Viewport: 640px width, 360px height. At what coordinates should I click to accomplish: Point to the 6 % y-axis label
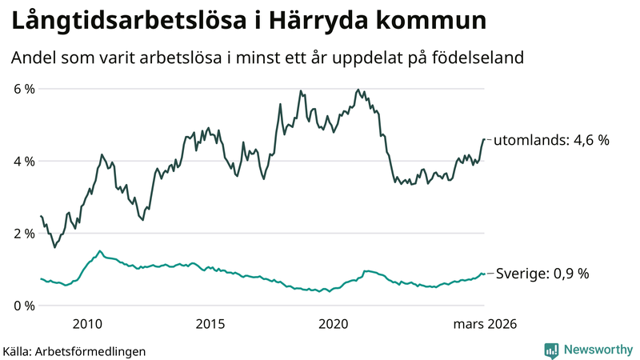coord(23,89)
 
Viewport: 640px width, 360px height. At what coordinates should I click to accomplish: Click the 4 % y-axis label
coord(23,161)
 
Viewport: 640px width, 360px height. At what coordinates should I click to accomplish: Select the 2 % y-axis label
coord(23,234)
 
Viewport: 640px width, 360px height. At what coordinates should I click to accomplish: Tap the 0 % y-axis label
coord(23,306)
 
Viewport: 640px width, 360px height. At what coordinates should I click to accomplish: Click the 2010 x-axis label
coord(87,324)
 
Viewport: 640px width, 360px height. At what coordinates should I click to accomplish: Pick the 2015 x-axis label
coord(210,324)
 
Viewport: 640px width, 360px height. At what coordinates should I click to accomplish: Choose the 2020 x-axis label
coord(334,324)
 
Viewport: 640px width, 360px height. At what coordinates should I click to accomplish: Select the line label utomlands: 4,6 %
coord(551,140)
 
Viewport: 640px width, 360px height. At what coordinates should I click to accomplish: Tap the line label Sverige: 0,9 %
coord(542,274)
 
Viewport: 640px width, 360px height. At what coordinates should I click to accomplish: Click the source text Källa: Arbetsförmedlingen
coord(74,350)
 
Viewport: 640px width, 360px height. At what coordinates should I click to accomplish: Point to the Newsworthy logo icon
coord(552,350)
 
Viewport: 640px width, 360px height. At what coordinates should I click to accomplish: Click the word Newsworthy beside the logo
coord(597,350)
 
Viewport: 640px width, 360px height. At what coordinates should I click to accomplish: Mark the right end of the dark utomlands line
coord(484,139)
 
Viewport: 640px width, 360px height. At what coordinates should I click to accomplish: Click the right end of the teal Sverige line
coord(484,274)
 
